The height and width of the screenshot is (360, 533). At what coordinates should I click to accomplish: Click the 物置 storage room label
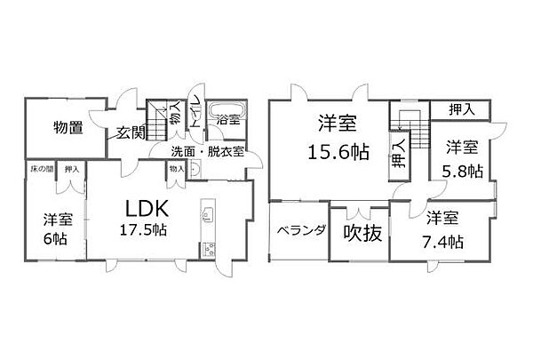[68, 127]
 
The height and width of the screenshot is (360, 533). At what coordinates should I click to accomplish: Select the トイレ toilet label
[194, 105]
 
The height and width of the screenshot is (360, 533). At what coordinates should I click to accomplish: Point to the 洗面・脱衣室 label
[211, 150]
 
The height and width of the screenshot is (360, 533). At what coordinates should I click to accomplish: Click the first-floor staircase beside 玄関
[159, 121]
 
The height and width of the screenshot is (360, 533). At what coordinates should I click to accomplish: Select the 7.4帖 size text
[442, 240]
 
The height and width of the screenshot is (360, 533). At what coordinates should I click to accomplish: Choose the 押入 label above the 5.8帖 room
[461, 108]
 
